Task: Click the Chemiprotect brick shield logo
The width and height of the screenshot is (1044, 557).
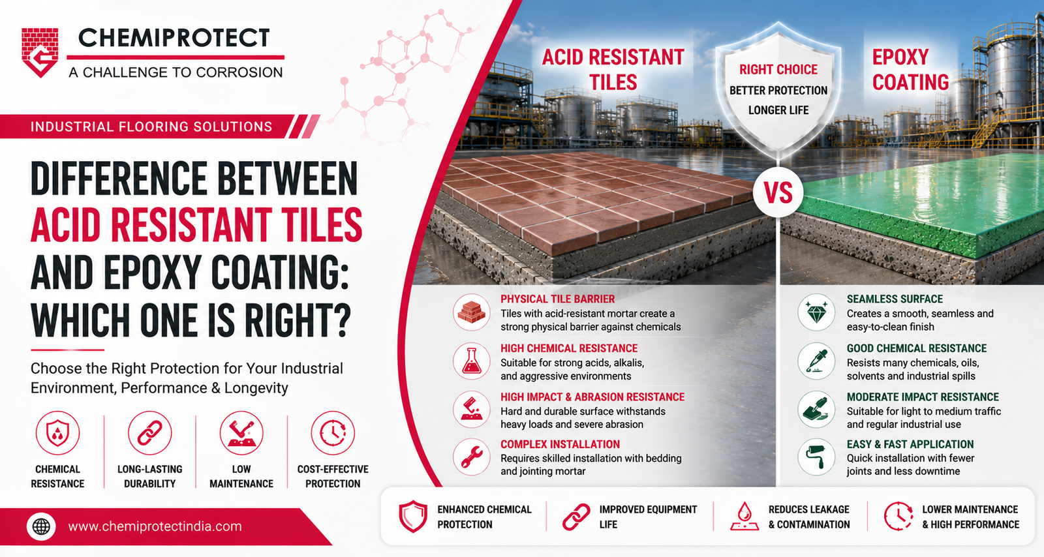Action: pyautogui.click(x=40, y=52)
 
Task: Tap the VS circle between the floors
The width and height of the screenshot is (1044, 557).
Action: pyautogui.click(x=778, y=192)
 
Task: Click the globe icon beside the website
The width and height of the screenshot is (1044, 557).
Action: pyautogui.click(x=41, y=527)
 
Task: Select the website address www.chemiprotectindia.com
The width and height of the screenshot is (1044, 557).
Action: pyautogui.click(x=155, y=527)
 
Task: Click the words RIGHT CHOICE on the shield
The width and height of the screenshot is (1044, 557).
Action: pyautogui.click(x=778, y=70)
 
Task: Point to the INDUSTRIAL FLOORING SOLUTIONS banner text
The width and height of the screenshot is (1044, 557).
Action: pyautogui.click(x=151, y=127)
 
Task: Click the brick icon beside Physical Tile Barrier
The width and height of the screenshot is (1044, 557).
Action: pyautogui.click(x=471, y=312)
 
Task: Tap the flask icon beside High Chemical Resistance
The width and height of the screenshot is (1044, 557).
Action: pyautogui.click(x=471, y=361)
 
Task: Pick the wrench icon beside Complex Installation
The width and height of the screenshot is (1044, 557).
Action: pyautogui.click(x=471, y=457)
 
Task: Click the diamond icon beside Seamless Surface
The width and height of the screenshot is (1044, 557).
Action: pyautogui.click(x=816, y=312)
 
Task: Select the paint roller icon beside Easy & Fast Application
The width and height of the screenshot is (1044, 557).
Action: pyautogui.click(x=816, y=457)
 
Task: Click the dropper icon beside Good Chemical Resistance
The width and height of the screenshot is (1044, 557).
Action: pyautogui.click(x=816, y=361)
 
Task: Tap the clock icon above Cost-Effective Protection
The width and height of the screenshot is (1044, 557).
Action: pyautogui.click(x=333, y=432)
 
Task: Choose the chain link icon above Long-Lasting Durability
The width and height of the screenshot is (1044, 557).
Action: pyautogui.click(x=149, y=432)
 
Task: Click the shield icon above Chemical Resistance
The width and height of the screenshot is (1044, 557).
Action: pyautogui.click(x=58, y=432)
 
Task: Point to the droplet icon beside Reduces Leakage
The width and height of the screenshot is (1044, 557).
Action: pyautogui.click(x=745, y=516)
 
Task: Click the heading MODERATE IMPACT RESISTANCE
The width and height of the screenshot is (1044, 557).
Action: pyautogui.click(x=923, y=397)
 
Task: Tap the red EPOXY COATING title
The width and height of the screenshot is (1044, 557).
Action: pyautogui.click(x=910, y=70)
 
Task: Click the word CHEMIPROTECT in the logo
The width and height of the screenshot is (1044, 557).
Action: pyautogui.click(x=174, y=38)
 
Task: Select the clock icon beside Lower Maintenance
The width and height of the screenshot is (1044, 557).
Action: pyautogui.click(x=898, y=516)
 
